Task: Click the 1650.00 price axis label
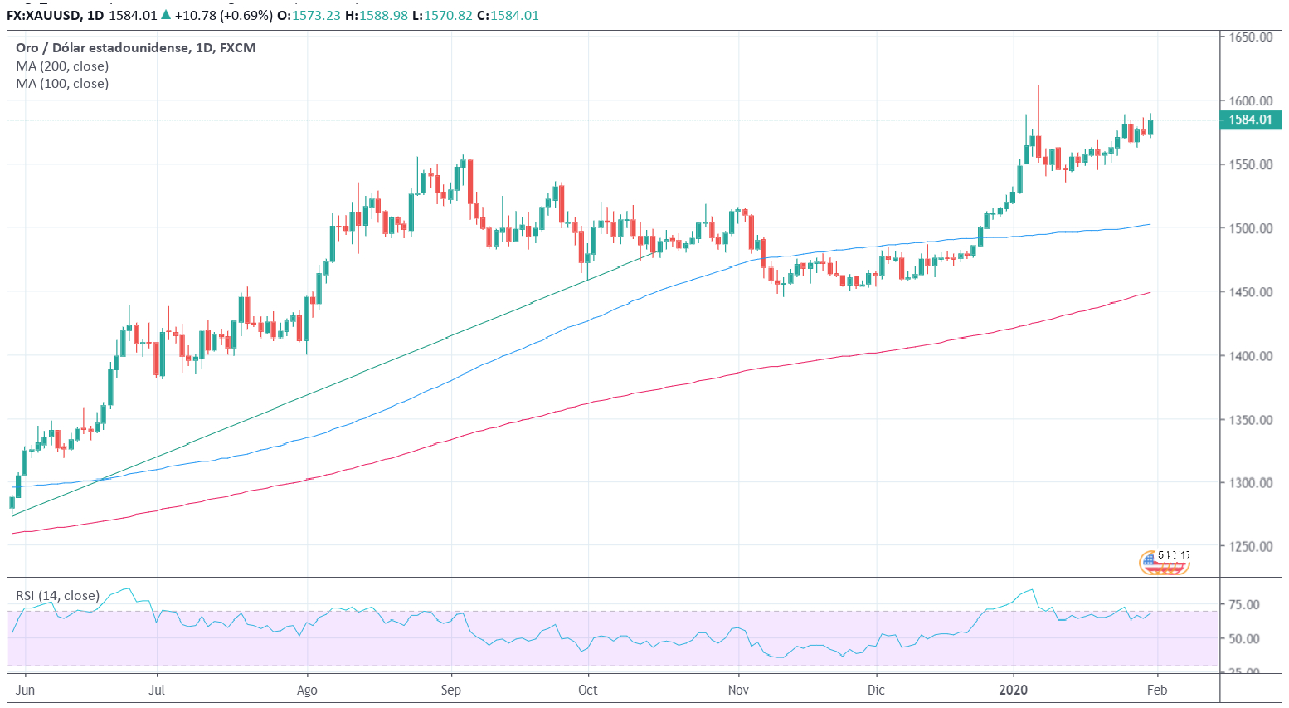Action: point(1250,37)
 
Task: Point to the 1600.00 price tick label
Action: point(1250,101)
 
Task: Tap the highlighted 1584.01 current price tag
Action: point(1250,120)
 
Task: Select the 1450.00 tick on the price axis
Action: point(1250,292)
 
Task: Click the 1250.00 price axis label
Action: point(1250,547)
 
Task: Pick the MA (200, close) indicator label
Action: point(62,66)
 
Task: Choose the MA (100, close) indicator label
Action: point(62,84)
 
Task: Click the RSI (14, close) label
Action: point(58,596)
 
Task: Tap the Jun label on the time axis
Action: point(26,691)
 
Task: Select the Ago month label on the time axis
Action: point(307,691)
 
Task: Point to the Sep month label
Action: point(450,691)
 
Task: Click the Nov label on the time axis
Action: point(738,691)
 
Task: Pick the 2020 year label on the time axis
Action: point(1013,691)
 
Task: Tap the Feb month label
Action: point(1157,691)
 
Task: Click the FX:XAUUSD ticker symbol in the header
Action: point(41,16)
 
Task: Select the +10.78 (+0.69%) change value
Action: point(222,16)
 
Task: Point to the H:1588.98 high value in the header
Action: point(377,16)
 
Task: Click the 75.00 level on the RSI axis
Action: point(1244,605)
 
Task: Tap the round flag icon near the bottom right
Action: point(1164,563)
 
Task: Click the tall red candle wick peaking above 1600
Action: point(1038,104)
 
